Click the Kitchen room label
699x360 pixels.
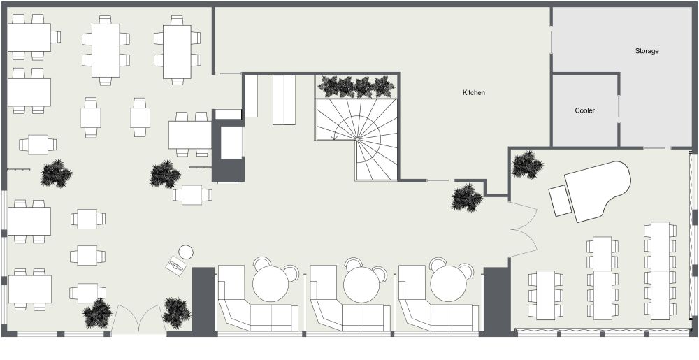473,93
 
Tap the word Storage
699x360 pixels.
647,51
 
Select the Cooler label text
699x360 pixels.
584,110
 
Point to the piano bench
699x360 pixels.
561,201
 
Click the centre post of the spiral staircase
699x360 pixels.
357,139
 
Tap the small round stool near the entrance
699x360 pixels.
186,252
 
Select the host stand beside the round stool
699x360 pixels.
176,266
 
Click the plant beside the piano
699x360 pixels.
527,164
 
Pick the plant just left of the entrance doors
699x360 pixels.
97,312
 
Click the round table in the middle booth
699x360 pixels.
361,284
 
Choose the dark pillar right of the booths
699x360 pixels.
496,302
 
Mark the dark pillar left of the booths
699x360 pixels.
203,299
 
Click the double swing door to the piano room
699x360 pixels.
524,229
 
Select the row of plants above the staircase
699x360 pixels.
356,87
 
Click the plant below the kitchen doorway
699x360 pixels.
467,197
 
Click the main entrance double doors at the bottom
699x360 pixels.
138,319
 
